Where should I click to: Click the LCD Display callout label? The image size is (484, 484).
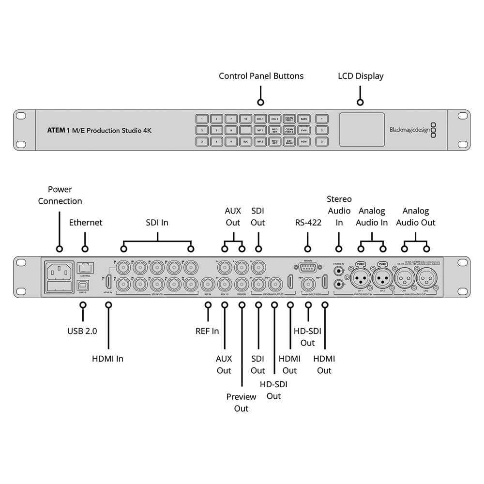361,76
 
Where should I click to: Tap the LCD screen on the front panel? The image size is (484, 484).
362,129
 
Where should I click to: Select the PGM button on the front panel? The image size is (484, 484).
303,142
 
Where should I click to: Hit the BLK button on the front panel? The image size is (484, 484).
245,142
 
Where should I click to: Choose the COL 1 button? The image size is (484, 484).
260,118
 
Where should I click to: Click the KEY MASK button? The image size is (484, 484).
289,142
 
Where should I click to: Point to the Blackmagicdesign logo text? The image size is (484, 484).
409,130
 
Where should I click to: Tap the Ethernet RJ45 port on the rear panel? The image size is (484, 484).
85,267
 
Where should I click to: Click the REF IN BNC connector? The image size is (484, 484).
208,283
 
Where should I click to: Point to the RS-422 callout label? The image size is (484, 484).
308,223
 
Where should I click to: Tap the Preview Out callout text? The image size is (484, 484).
241,402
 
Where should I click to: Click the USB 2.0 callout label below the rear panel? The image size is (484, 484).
82,331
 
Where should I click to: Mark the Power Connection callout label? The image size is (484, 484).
60,195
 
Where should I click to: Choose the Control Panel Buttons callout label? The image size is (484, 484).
261,76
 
